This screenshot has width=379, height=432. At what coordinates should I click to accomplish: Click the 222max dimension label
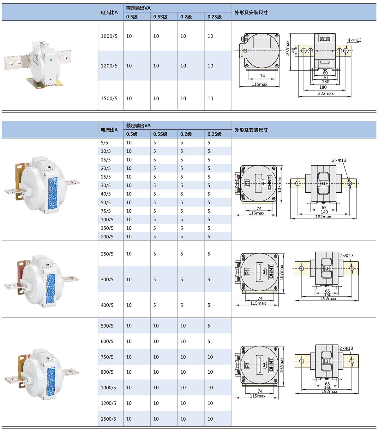point(326,93)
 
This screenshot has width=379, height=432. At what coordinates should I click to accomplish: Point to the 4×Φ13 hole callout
point(354,40)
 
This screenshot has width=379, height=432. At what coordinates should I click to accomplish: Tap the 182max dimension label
point(323,217)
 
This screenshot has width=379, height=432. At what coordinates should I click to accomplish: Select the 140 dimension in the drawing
point(324,212)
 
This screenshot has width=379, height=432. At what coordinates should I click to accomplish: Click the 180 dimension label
point(323,87)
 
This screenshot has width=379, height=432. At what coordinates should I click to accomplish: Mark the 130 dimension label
point(325,82)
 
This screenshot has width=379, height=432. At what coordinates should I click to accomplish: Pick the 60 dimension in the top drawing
point(325,73)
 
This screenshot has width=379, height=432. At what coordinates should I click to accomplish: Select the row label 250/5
point(107,254)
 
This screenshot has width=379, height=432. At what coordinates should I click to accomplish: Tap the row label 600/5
point(107,342)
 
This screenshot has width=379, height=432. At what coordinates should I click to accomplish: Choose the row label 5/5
point(104,143)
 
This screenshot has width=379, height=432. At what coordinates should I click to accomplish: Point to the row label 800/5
point(107,372)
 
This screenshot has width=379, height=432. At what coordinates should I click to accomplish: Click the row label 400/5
point(107,305)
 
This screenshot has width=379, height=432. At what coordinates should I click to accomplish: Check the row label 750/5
point(107,357)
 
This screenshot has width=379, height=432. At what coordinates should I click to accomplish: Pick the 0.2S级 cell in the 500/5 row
point(209,326)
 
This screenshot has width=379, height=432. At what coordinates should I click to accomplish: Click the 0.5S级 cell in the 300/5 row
point(155,279)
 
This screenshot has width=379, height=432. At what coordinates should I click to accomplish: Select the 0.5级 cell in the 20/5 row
point(129,168)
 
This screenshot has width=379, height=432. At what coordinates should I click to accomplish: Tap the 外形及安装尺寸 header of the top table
point(251,13)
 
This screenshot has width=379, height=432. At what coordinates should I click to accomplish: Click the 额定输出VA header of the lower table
point(138,126)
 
